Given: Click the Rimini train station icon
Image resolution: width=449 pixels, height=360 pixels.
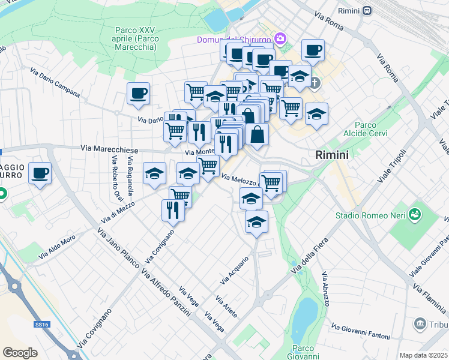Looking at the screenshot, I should click(366, 11).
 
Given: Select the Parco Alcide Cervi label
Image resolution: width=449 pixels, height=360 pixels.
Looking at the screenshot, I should click(366, 128).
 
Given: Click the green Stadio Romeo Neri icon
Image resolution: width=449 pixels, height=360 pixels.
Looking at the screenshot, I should click(414, 214).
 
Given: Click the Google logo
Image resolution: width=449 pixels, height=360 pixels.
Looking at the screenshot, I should click(20, 352).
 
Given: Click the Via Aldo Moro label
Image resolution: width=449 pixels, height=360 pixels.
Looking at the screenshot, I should click(58, 247).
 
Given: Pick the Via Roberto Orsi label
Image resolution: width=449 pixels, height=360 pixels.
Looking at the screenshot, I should click(113, 179).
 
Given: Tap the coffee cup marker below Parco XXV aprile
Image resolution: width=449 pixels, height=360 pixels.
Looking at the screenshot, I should click(138, 93).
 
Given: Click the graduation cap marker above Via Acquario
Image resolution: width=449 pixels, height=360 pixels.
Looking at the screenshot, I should click(256, 221).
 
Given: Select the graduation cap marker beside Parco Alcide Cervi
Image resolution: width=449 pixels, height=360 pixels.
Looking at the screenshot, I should click(316, 113).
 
